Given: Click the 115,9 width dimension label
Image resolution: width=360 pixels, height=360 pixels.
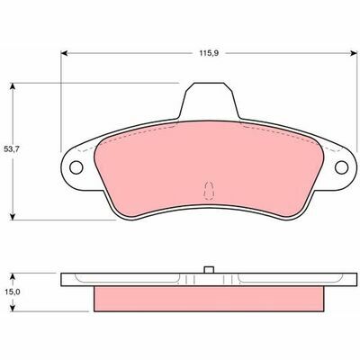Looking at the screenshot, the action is [209, 53].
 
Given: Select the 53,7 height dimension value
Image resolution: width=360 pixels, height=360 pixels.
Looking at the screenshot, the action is [12, 149].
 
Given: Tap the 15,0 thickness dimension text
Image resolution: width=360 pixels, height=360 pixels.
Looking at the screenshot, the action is [13, 292].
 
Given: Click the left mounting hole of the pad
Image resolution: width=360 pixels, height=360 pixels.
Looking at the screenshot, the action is [76, 167].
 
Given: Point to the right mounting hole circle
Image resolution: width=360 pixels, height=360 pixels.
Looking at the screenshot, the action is [341, 167].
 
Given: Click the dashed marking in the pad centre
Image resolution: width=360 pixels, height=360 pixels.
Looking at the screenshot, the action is [209, 191].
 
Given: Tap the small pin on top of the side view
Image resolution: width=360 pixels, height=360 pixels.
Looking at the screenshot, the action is [209, 270].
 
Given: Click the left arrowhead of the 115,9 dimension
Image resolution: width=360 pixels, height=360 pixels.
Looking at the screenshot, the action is [64, 53].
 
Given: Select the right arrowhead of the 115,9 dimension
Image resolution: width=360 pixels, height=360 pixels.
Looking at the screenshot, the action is [354, 53].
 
